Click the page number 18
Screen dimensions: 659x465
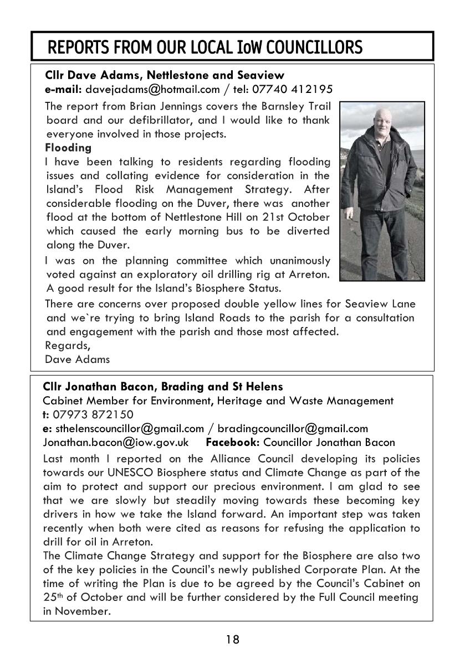[x=232, y=640]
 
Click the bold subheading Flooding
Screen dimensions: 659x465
[x=68, y=148]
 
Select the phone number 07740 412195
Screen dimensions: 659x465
[x=300, y=89]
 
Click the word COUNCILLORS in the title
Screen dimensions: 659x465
[x=315, y=48]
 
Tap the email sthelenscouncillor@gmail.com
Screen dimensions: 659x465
[x=130, y=428]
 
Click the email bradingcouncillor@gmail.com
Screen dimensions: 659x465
[x=293, y=428]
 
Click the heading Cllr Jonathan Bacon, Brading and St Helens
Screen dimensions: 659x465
[x=163, y=386]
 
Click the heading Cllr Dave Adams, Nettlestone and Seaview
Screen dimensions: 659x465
[x=165, y=75]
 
